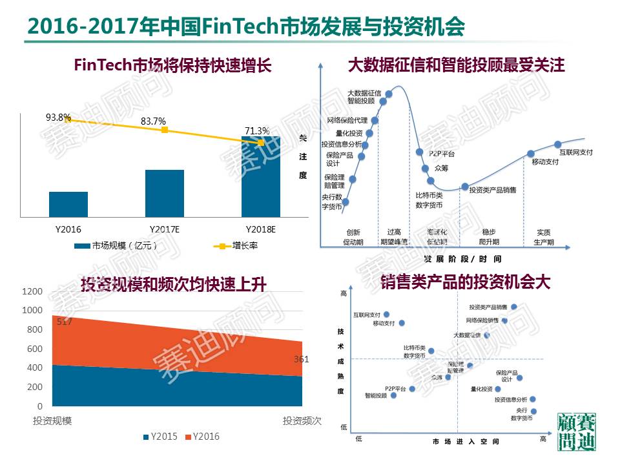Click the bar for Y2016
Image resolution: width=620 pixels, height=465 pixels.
68,204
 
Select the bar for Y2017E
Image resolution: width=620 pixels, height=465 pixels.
165,193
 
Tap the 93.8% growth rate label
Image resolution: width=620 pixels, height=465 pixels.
58,118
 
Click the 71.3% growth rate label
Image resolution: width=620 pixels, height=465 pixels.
256,131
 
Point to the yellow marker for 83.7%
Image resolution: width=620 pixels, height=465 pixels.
165,130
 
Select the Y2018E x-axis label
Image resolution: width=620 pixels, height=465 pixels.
260,229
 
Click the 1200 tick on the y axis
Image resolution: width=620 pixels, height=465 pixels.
32,292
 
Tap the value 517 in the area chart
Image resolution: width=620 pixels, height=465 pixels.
64,322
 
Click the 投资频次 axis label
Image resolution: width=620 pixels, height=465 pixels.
302,421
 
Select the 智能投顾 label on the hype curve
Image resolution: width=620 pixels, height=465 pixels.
360,101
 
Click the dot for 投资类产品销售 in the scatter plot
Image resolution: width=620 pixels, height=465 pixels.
514,307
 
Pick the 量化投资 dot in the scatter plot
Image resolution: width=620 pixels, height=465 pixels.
497,389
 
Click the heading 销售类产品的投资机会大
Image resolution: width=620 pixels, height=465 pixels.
465,282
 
